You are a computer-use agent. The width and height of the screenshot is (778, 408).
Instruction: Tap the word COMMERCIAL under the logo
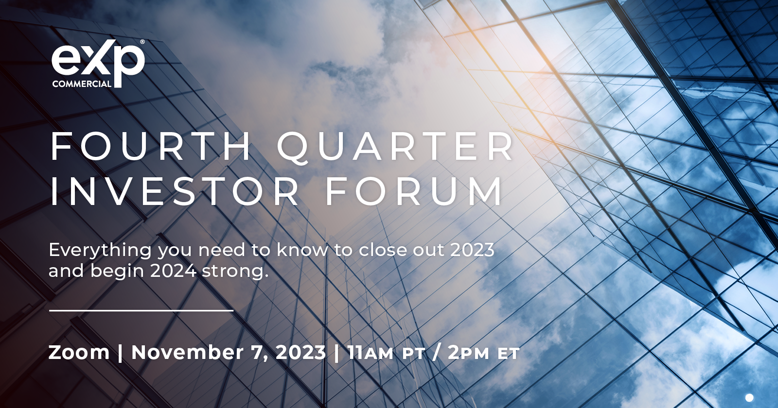click(82, 84)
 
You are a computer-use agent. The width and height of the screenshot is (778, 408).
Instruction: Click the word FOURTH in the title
click(151, 147)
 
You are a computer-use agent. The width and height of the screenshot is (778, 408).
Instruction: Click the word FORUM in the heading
click(414, 191)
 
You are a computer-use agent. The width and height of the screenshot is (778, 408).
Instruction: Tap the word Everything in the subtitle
click(100, 251)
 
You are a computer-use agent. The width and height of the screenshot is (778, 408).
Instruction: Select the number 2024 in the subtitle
click(173, 271)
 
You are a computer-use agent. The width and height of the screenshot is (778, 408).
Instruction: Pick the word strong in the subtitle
click(235, 272)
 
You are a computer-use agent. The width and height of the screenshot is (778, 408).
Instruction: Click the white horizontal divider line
click(141, 310)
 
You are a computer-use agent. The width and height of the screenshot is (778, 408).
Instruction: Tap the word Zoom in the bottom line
click(79, 353)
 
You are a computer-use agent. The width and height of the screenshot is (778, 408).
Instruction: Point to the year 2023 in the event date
click(301, 353)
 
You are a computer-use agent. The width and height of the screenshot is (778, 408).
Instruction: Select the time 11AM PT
click(386, 353)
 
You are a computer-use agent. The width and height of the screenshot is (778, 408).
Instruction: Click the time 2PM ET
click(483, 353)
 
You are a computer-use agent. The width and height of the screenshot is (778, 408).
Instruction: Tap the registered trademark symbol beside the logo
click(142, 42)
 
